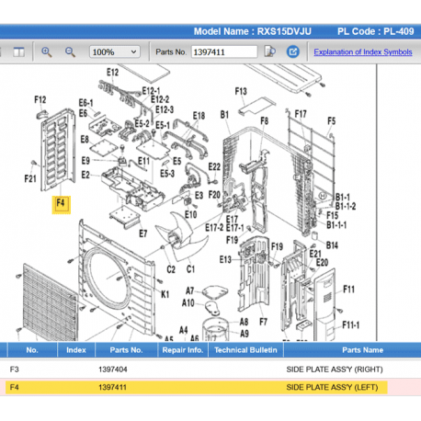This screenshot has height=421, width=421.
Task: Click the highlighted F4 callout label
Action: [61, 202]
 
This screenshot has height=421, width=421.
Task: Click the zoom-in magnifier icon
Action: [47, 51]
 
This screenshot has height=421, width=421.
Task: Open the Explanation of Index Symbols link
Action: [362, 51]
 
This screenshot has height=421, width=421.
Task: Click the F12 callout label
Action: [40, 99]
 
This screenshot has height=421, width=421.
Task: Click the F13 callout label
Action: [242, 91]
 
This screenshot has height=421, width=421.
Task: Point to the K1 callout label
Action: [165, 294]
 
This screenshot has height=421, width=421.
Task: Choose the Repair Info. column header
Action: [182, 350]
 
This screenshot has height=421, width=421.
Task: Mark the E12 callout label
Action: [113, 72]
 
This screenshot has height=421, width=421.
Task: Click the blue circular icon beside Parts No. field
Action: [268, 51]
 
